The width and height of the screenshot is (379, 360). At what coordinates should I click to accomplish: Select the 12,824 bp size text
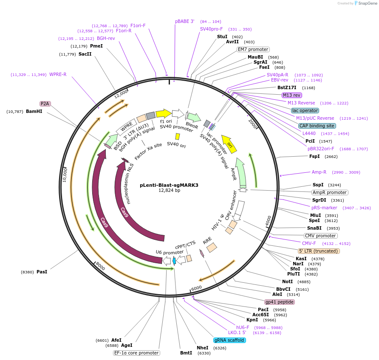pyautogui.click(x=169, y=191)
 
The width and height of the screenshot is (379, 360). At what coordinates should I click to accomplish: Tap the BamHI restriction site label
pyautogui.click(x=34, y=111)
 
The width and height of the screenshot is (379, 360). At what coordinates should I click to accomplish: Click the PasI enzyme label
pyautogui.click(x=42, y=271)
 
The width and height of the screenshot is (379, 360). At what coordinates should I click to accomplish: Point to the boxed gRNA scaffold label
pyautogui.click(x=229, y=340)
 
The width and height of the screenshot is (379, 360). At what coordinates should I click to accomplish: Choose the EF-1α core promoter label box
pyautogui.click(x=136, y=353)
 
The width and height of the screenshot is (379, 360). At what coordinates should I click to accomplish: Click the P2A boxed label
pyautogui.click(x=45, y=104)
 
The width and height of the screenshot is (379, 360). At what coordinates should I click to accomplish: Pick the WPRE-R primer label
pyautogui.click(x=58, y=75)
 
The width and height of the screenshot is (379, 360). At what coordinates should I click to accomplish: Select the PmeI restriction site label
pyautogui.click(x=96, y=46)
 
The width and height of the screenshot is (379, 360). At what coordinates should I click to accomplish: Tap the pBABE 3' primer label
pyautogui.click(x=184, y=21)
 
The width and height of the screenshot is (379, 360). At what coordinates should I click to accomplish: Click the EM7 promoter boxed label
pyautogui.click(x=253, y=49)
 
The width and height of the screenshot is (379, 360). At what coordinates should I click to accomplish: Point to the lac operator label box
pyautogui.click(x=305, y=110)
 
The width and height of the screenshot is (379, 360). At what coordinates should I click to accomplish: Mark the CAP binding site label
pyautogui.click(x=317, y=126)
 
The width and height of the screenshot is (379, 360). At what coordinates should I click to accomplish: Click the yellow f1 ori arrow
pyautogui.click(x=164, y=113)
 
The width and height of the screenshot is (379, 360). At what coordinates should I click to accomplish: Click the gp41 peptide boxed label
pyautogui.click(x=279, y=302)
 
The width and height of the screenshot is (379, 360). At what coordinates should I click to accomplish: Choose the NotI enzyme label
pyautogui.click(x=287, y=281)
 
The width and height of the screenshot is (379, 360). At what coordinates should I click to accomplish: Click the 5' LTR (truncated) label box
pyautogui.click(x=319, y=251)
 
